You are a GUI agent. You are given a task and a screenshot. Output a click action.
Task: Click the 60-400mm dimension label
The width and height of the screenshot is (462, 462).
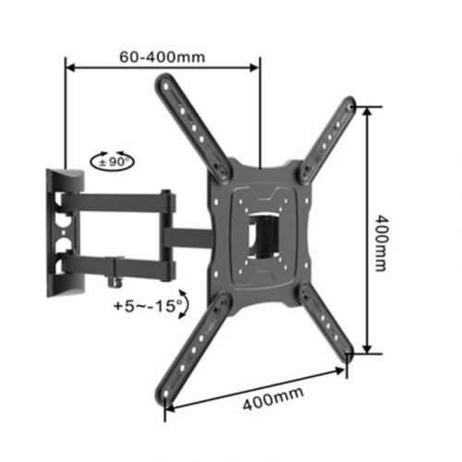163,55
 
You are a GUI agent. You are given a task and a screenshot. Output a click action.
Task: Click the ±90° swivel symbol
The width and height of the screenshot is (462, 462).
113,161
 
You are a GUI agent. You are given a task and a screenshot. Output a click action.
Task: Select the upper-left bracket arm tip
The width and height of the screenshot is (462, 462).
166,84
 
